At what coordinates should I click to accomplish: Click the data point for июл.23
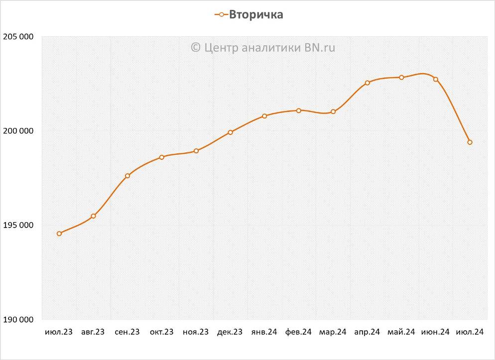[x=59, y=234]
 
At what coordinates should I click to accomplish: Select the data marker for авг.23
[x=93, y=216]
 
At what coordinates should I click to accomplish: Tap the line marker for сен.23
[x=127, y=176]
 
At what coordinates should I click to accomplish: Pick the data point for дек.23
[x=230, y=132]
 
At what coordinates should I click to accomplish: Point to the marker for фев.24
[x=299, y=111]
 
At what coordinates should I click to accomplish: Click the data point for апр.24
[x=367, y=83]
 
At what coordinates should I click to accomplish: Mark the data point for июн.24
[x=436, y=79]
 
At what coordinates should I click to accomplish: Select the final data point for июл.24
[x=470, y=142]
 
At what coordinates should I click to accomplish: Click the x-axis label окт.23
[x=161, y=332]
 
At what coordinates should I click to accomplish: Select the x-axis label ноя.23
[x=196, y=332]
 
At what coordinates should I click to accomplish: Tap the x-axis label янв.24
[x=264, y=332]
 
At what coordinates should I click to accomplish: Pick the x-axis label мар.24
[x=333, y=332]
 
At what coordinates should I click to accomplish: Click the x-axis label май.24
[x=401, y=332]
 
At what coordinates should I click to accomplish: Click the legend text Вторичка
[x=256, y=15]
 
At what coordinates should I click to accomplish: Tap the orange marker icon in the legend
[x=221, y=15]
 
